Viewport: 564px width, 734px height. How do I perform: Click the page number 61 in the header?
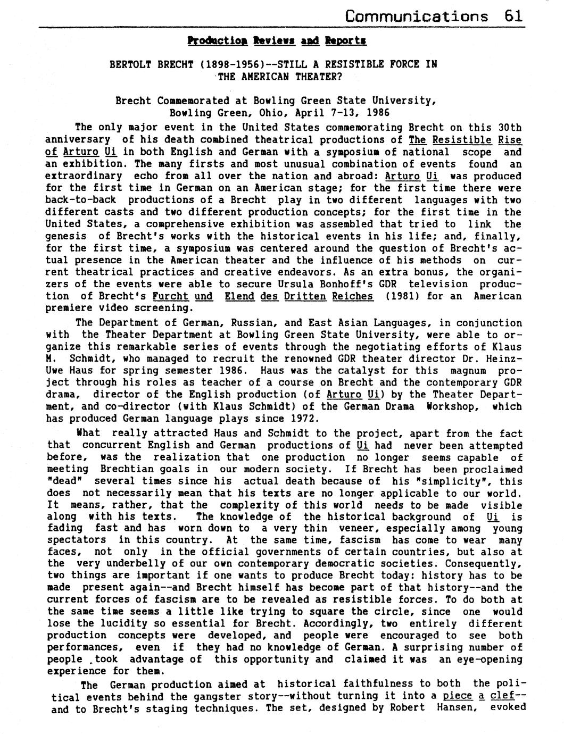pos(515,15)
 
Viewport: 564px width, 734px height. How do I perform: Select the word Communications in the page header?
pos(417,15)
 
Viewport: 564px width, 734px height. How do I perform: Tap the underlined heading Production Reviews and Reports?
pos(276,40)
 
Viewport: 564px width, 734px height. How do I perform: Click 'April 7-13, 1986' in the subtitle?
pos(346,112)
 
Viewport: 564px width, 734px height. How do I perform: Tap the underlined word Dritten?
pos(305,296)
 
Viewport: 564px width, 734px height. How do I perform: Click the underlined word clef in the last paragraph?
pos(502,695)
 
